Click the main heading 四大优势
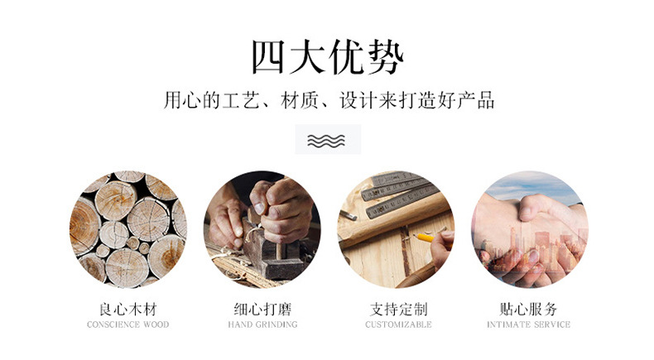tap(327, 58)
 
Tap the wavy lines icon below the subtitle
tap(327, 140)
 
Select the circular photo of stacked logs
tap(127, 229)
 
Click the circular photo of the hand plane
tap(262, 229)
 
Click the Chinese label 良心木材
tap(127, 310)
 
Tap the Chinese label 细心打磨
tap(262, 310)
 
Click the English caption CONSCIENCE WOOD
tap(127, 325)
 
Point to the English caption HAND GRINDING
tap(262, 325)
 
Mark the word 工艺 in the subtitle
tap(236, 102)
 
